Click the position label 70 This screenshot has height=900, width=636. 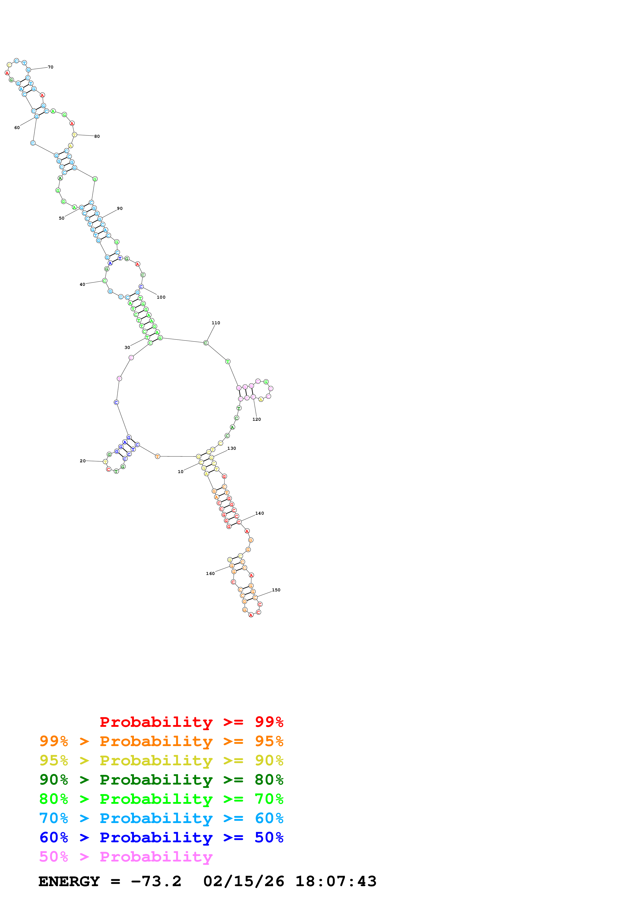pos(51,67)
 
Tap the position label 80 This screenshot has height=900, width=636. pos(97,136)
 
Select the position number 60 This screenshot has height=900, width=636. pos(17,128)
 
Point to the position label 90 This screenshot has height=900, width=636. pos(120,209)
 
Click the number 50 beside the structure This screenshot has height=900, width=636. pos(62,218)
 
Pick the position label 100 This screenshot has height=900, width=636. pos(161,297)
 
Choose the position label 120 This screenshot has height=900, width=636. pos(256,419)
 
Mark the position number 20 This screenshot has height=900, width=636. pos(83,461)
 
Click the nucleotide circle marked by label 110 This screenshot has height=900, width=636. pos(206,343)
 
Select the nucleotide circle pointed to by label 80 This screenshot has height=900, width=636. pos(74,134)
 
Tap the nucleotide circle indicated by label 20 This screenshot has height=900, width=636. pos(105,462)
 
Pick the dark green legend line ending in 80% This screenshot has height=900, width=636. pos(161,780)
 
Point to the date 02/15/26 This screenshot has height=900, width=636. pos(244,881)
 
